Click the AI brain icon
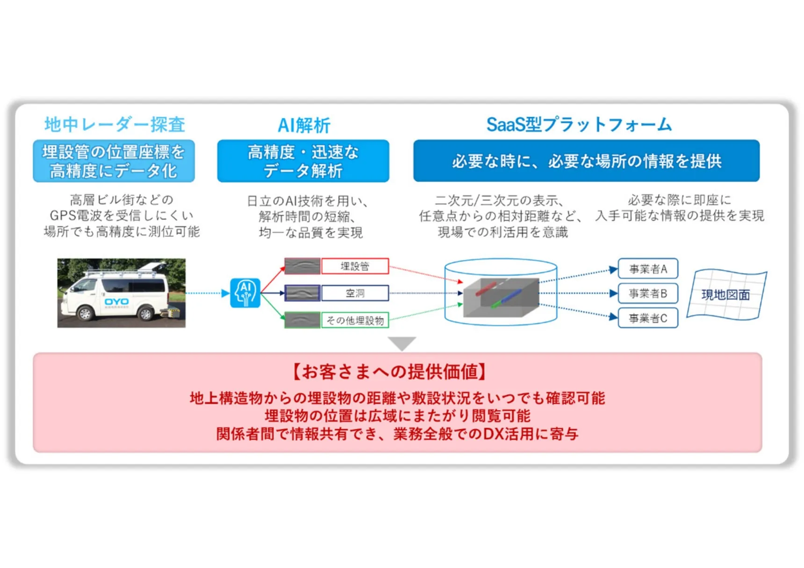245,293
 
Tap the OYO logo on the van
116,302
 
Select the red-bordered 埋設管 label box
355,266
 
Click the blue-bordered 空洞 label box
355,293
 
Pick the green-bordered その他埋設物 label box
355,320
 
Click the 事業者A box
647,269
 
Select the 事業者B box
647,293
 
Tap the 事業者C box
647,318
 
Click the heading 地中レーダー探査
115,125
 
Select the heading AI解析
304,125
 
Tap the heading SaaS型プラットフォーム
579,125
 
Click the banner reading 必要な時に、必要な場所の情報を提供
586,161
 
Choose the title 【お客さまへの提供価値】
390,372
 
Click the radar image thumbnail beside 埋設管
302,266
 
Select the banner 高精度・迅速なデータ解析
303,161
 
